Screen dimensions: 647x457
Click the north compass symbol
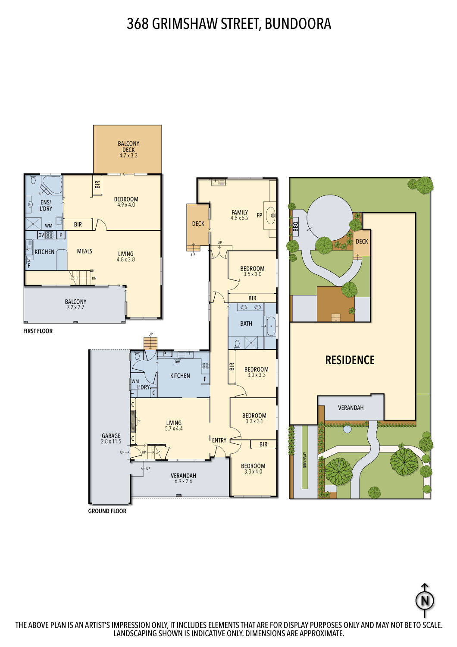(x=425, y=600)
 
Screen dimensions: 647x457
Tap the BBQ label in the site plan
(x=295, y=226)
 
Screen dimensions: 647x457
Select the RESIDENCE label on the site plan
(x=350, y=360)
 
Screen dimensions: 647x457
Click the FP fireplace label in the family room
(x=260, y=215)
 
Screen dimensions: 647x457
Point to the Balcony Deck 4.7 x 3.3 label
(x=128, y=149)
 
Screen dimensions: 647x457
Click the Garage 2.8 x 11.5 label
(x=111, y=439)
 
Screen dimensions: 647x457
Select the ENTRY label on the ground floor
(x=219, y=440)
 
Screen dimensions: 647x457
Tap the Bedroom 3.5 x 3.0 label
(x=252, y=271)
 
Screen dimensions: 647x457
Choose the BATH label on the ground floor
(x=246, y=323)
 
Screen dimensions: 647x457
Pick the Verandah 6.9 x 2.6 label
(x=183, y=478)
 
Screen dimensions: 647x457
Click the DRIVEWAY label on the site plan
(x=305, y=460)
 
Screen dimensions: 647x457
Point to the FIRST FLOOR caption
(x=38, y=331)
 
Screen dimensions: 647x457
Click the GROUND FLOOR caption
(x=107, y=511)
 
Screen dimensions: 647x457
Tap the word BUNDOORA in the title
(x=298, y=24)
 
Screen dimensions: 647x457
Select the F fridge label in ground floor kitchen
(x=205, y=380)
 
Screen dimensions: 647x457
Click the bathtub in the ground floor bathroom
(x=271, y=326)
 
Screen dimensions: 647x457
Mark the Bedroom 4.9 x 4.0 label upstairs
(x=126, y=202)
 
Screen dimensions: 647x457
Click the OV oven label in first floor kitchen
(x=41, y=235)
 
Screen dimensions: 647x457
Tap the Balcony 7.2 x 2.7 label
(x=76, y=305)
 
